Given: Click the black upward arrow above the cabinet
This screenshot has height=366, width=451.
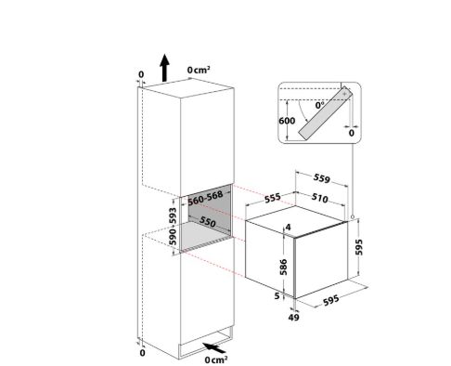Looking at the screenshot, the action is (x=164, y=68).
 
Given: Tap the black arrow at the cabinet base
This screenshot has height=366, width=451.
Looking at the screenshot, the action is (x=214, y=347).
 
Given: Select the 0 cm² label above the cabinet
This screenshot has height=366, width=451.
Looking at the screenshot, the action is (x=199, y=70).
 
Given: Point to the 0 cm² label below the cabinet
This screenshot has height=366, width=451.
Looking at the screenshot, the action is (x=216, y=359).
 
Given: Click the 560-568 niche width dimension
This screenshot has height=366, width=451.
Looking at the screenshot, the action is (x=205, y=198).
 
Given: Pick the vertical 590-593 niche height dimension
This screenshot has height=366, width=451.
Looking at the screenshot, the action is (x=173, y=227).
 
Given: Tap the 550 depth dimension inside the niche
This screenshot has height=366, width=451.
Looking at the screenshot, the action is (x=207, y=221).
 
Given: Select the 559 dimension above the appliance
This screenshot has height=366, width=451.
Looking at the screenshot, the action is (x=322, y=178).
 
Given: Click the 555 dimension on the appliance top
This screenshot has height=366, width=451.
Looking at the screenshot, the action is (x=273, y=198).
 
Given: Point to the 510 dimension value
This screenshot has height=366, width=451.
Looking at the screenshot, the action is (x=319, y=198).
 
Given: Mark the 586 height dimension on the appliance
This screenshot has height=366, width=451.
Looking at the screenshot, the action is (x=283, y=268).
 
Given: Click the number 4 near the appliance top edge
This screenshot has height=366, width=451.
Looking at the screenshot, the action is (x=289, y=228).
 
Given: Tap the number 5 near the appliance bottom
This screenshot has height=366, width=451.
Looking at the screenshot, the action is (x=277, y=296).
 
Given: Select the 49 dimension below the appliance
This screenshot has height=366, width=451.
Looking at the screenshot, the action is (x=293, y=317).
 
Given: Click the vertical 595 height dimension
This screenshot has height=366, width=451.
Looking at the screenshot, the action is (x=359, y=247).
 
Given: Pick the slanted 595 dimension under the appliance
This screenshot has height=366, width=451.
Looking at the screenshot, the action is (x=331, y=300).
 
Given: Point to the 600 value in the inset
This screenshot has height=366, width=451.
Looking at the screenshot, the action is (x=287, y=121).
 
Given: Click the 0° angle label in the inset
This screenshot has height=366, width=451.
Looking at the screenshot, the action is (x=320, y=105).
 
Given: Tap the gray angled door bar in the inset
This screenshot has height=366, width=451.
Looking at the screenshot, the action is (x=325, y=113).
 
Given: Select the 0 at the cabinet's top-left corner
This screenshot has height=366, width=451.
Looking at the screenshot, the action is (x=141, y=74).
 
